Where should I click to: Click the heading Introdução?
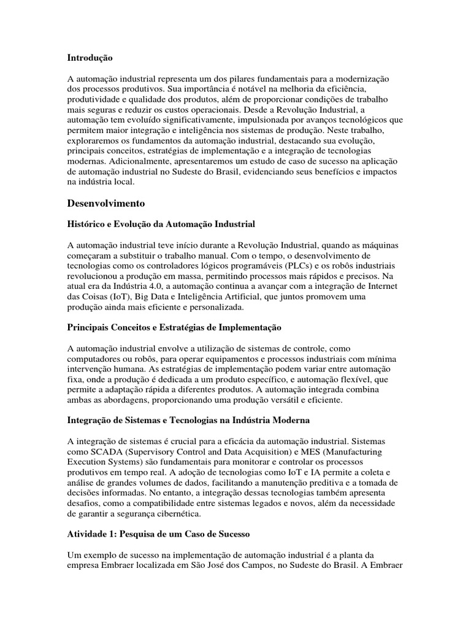point(90,58)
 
